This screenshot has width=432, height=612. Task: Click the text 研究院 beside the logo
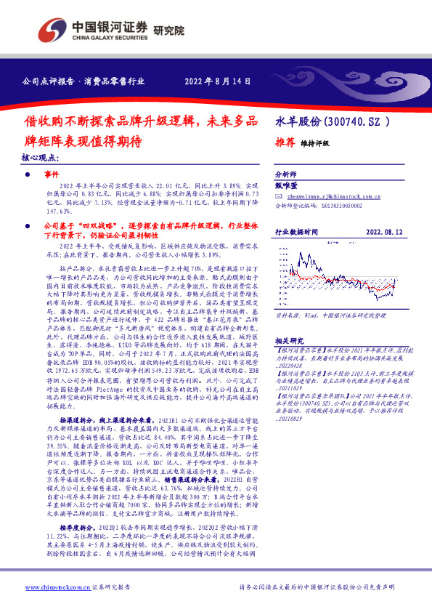[169, 30]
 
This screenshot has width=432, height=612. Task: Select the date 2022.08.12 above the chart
[385, 232]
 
